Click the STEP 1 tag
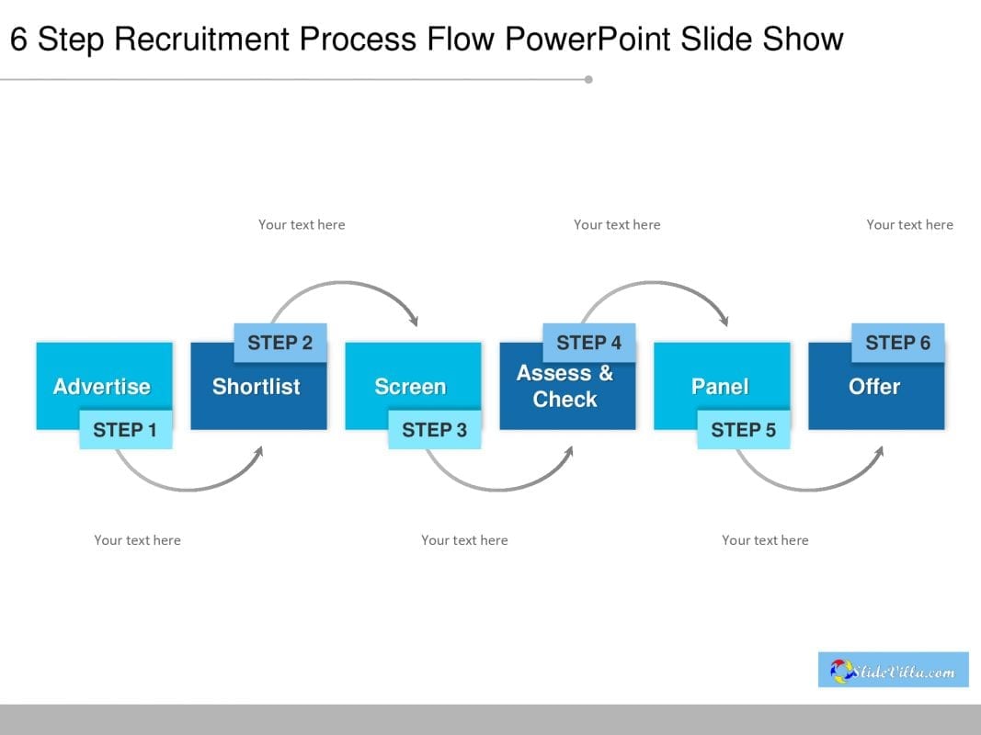125,430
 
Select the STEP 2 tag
280,343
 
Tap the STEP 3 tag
434,430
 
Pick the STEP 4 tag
589,343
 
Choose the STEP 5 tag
743,430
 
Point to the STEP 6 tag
897,343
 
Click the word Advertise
101,387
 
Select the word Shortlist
256,387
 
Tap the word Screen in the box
410,387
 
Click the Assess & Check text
565,386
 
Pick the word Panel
720,387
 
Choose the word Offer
874,387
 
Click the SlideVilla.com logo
893,671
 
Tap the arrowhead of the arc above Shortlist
414,321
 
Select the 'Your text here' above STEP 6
909,224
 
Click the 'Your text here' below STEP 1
137,540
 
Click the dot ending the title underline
588,79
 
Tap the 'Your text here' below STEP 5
765,540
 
